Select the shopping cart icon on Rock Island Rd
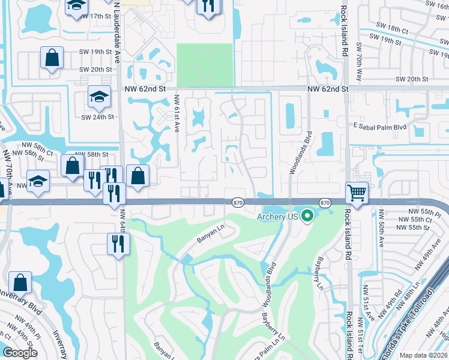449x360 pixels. point(357,193)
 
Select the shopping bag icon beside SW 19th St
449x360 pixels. point(52,58)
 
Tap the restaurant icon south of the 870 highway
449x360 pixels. point(118,243)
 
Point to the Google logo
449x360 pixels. point(20,353)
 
